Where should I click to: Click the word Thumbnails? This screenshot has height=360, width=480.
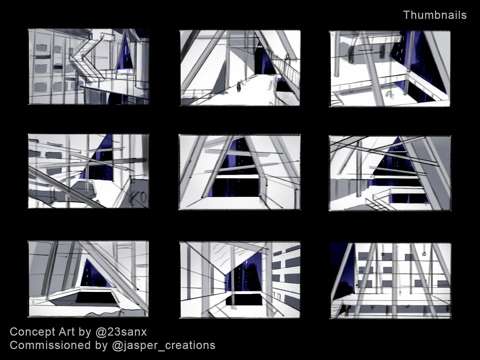[435, 15]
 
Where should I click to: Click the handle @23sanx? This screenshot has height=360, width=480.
[121, 332]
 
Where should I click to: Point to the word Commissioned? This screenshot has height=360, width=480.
[50, 345]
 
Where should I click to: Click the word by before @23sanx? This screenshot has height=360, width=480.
[85, 332]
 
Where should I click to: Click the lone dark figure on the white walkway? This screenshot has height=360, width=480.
[239, 87]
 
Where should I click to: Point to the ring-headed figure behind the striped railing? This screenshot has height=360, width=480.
[287, 59]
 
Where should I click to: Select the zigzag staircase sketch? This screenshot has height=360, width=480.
[88, 59]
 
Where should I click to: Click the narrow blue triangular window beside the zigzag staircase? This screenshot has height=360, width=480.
[125, 53]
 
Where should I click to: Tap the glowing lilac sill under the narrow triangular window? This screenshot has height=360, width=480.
[125, 71]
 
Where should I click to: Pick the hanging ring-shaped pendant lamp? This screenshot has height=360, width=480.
[424, 254]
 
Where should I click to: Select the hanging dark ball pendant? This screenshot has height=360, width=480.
[383, 254]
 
